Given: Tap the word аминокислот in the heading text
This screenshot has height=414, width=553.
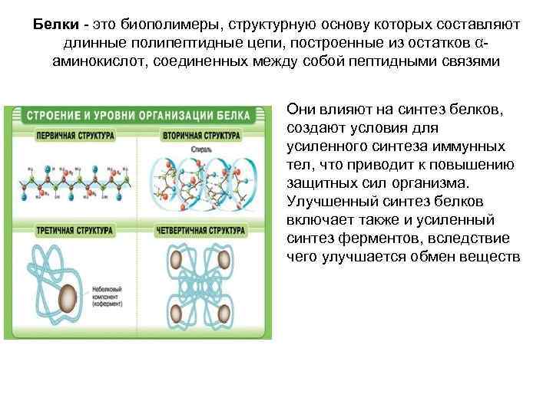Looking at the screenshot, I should (x=98, y=61).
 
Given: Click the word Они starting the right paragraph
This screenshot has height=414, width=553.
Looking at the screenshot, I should (x=301, y=110).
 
